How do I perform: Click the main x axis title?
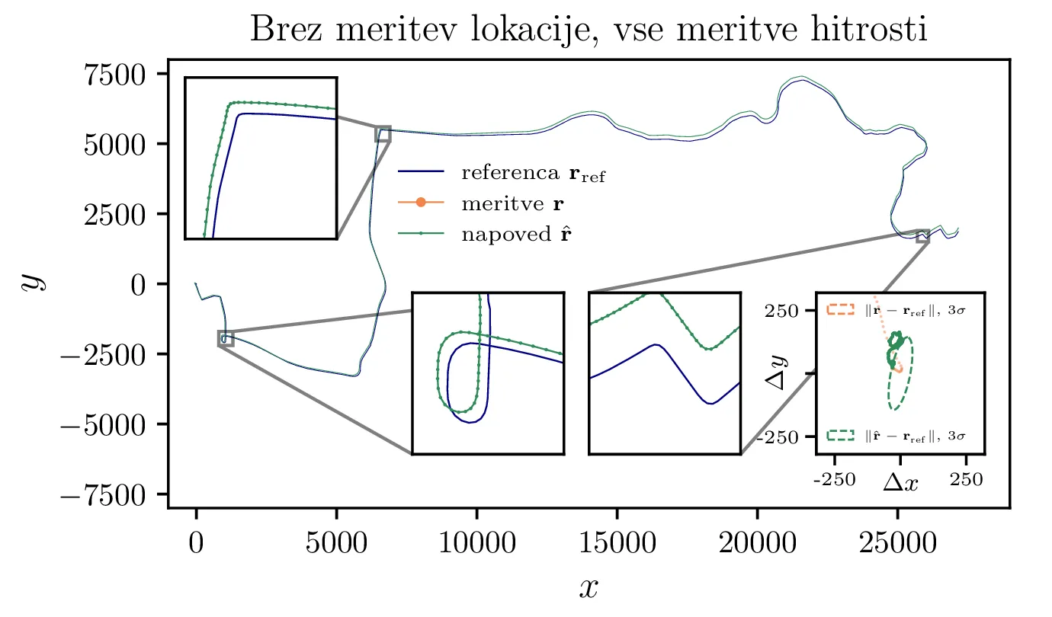click(x=588, y=587)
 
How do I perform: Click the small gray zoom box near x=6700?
click(x=383, y=134)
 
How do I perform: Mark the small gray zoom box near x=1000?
click(x=226, y=339)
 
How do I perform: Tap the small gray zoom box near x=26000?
click(x=922, y=236)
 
